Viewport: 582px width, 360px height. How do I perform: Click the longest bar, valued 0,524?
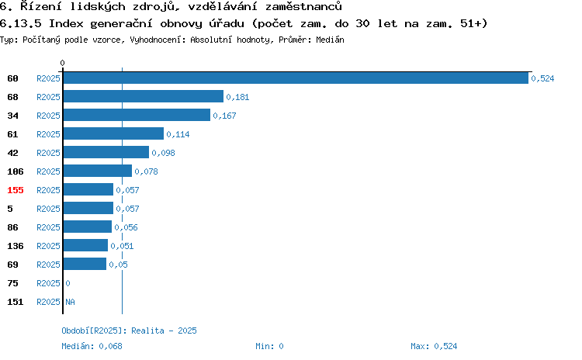click(296, 78)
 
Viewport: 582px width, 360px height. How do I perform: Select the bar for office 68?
click(144, 96)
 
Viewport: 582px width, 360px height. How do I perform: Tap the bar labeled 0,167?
click(137, 115)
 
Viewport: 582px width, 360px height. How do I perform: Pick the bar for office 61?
click(113, 133)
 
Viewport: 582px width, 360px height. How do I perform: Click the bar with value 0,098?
click(106, 152)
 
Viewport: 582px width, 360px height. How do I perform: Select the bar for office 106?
click(98, 171)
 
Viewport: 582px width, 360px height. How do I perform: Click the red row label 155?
click(16, 190)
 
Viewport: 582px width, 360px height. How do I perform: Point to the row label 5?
click(10, 209)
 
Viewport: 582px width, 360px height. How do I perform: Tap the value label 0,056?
click(126, 227)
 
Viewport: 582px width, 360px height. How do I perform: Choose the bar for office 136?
click(85, 245)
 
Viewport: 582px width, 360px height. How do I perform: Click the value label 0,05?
click(118, 265)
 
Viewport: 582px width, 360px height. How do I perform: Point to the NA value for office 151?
click(70, 302)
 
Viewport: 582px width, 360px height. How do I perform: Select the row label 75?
click(12, 283)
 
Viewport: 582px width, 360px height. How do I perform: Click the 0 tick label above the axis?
click(62, 63)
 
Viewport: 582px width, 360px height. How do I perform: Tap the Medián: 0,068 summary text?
click(92, 346)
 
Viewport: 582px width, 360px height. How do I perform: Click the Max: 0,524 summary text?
click(434, 346)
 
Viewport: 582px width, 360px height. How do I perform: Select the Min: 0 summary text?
click(269, 346)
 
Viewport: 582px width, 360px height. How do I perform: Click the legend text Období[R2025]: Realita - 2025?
click(129, 331)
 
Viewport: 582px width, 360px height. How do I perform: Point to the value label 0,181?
click(237, 97)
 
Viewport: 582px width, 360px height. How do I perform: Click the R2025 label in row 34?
click(48, 116)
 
